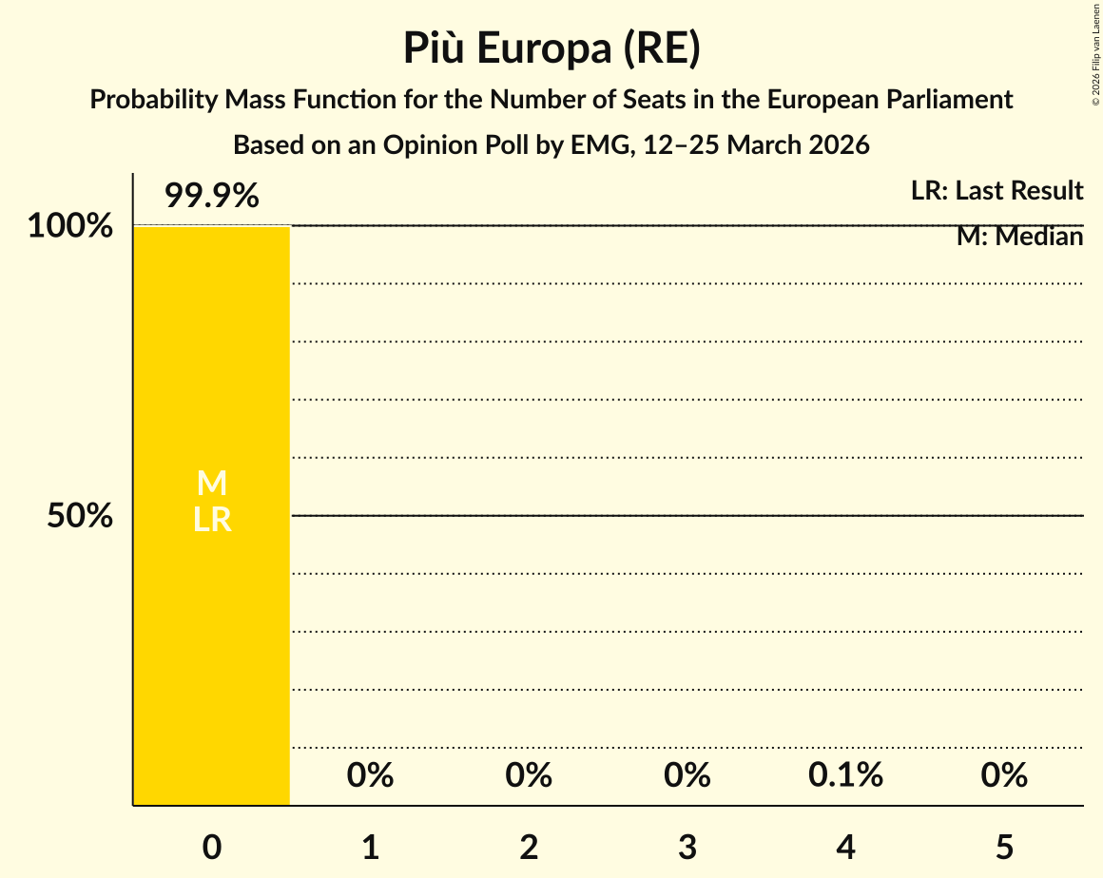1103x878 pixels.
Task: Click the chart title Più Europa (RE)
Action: pos(551,48)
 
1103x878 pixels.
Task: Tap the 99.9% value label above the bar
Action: pos(211,197)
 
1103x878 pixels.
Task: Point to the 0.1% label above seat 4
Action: pos(845,775)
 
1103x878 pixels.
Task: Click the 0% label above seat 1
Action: pos(370,775)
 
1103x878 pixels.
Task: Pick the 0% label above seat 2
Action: pos(529,775)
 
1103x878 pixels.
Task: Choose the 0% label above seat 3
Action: pos(687,775)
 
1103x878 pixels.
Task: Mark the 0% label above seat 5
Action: pos(1004,775)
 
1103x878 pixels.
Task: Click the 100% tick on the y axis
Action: pos(69,226)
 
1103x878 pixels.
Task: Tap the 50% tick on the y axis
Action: pos(80,516)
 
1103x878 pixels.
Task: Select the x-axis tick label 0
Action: pos(212,847)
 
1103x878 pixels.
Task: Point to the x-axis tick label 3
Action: pos(687,847)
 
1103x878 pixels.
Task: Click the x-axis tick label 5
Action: pos(1004,847)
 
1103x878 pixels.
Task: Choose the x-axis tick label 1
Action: pos(370,847)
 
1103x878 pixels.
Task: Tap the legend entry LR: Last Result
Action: pos(997,191)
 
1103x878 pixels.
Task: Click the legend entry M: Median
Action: pos(1019,237)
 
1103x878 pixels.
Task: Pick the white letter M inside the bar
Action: pos(211,484)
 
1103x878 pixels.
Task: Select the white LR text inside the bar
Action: pos(211,520)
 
